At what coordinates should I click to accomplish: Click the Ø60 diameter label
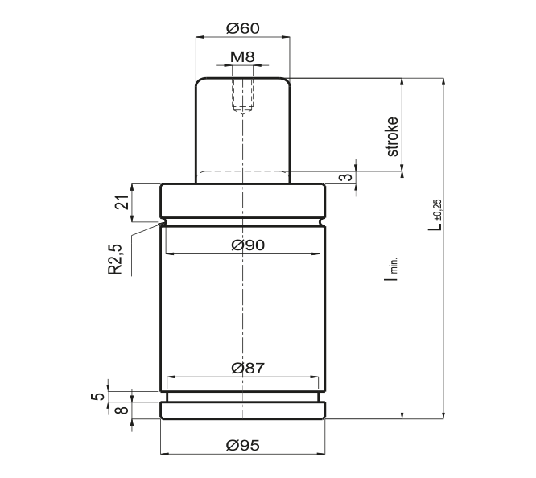(243, 28)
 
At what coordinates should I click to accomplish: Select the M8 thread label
(242, 57)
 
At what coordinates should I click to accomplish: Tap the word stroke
(393, 137)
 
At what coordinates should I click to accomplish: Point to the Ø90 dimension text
(248, 245)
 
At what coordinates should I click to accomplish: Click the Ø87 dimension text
(248, 369)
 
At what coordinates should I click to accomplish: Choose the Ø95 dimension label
(243, 445)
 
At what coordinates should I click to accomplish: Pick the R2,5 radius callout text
(115, 259)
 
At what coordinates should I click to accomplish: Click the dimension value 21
(122, 203)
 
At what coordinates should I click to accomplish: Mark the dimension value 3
(346, 177)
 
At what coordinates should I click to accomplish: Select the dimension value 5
(97, 397)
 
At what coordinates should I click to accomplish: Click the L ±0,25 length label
(435, 215)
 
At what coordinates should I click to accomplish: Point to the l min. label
(391, 269)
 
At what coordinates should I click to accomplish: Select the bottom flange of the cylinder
(243, 410)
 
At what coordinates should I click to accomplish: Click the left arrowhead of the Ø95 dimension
(164, 454)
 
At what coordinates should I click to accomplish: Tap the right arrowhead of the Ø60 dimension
(286, 37)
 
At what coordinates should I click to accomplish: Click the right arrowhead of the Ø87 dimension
(315, 377)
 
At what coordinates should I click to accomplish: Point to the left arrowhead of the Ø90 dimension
(170, 254)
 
